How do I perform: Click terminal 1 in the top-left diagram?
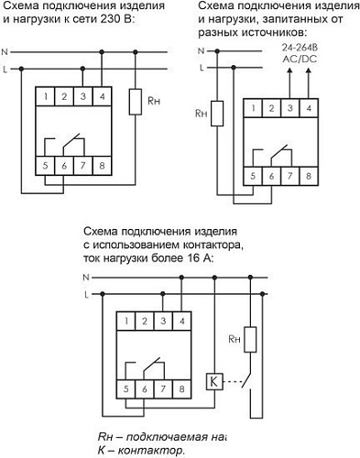(45, 95)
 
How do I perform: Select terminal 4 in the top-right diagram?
(307, 108)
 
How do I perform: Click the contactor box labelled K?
(213, 380)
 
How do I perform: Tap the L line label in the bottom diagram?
(86, 293)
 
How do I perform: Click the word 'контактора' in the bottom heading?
(211, 245)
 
